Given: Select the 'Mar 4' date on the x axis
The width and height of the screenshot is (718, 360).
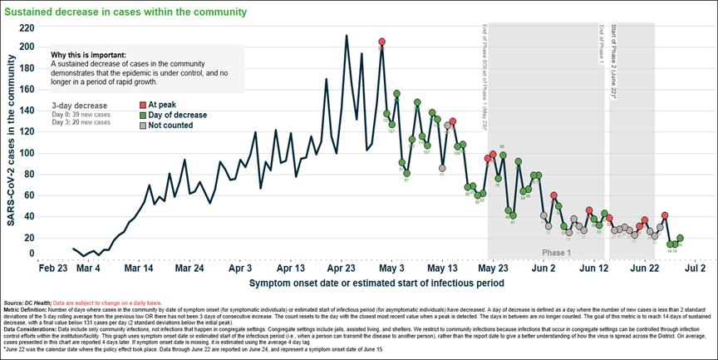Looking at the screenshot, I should pyautogui.click(x=87, y=269).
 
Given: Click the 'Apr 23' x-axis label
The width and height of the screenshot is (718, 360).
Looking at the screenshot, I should pyautogui.click(x=342, y=269).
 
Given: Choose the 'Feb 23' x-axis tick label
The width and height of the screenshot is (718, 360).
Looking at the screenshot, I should pyautogui.click(x=53, y=269).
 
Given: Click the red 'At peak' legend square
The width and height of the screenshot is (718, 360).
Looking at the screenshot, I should pyautogui.click(x=142, y=105).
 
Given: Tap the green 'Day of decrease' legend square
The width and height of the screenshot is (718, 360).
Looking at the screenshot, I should pyautogui.click(x=142, y=115).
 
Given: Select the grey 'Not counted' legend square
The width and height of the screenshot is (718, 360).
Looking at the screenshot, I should pyautogui.click(x=142, y=125).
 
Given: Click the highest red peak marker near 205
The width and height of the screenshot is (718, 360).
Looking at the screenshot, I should pyautogui.click(x=381, y=42).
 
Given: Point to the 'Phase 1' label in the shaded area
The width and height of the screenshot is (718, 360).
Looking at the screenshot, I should pyautogui.click(x=557, y=252).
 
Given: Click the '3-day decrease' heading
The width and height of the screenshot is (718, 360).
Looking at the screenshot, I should pyautogui.click(x=79, y=106).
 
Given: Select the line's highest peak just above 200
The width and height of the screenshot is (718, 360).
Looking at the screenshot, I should pyautogui.click(x=347, y=36).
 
